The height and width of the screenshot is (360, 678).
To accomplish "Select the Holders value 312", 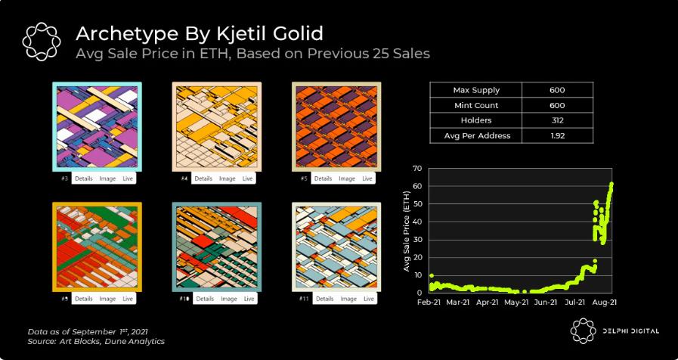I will coord(558,120).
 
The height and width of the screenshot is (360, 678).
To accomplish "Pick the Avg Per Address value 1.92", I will coord(558,135).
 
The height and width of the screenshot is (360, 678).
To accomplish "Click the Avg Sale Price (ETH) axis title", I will coord(407,230).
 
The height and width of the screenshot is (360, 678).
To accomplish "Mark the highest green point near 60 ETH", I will coord(611,184).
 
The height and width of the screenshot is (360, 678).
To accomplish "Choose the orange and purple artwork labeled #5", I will coord(336,126).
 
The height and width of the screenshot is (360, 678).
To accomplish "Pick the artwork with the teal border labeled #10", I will coord(216,247).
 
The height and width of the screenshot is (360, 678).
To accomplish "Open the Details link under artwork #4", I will coord(203,178).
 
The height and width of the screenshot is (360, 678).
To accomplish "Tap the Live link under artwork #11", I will coord(367,299).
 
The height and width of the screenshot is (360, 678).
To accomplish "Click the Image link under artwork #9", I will coord(107,299).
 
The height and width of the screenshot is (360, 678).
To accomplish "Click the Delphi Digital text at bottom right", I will coord(627,331).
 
